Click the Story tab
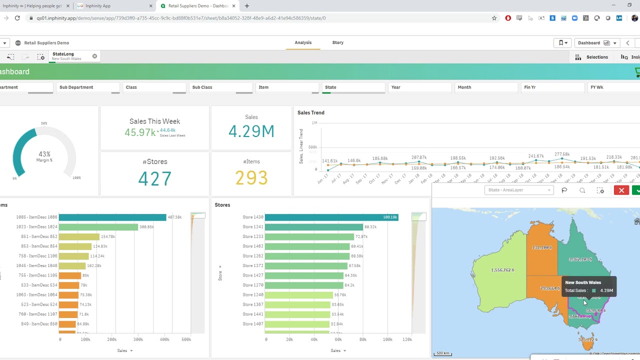click(337, 42)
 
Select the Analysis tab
click(303, 42)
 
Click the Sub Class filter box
click(220, 87)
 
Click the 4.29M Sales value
click(251, 131)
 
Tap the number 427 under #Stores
click(154, 179)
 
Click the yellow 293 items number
click(251, 178)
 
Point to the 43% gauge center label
click(44, 154)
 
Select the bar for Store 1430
click(331, 217)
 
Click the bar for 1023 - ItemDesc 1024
click(98, 227)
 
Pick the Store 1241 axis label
click(252, 227)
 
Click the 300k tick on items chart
click(138, 339)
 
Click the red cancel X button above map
click(621, 190)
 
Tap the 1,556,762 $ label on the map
click(502, 270)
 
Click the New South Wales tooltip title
click(583, 282)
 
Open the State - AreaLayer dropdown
click(519, 190)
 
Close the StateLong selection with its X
click(94, 56)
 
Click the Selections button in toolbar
click(592, 57)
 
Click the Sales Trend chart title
click(311, 112)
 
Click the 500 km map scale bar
click(442, 353)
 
